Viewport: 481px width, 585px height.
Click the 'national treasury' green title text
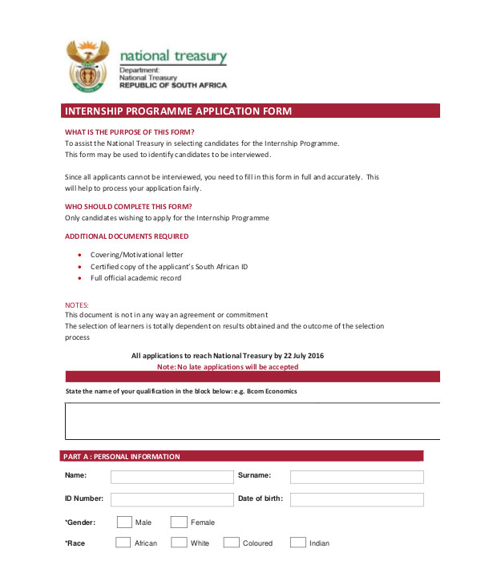(x=173, y=56)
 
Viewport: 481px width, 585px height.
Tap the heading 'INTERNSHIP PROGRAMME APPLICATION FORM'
(x=178, y=111)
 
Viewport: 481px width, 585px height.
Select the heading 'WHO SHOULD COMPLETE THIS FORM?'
(x=127, y=207)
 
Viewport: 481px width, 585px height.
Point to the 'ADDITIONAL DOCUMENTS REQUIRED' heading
(x=127, y=236)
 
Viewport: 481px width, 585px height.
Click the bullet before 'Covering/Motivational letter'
(x=79, y=254)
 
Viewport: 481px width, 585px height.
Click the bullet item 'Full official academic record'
(x=135, y=278)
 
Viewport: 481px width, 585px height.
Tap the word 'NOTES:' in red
(x=76, y=305)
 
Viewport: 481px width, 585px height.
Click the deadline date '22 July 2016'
(x=304, y=356)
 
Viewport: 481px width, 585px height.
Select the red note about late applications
(x=228, y=367)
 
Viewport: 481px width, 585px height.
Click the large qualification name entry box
(x=252, y=421)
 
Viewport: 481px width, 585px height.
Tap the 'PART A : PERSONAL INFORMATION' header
(x=123, y=457)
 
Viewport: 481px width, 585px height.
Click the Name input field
(x=171, y=477)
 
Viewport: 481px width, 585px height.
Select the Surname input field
(x=356, y=477)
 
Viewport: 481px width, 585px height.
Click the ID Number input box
(x=171, y=499)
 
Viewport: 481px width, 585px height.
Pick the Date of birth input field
(x=356, y=499)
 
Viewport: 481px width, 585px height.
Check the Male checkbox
(x=124, y=522)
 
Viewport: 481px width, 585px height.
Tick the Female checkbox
(x=178, y=522)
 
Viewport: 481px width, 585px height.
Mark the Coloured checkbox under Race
(x=231, y=543)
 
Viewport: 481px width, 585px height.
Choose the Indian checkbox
(x=297, y=543)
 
